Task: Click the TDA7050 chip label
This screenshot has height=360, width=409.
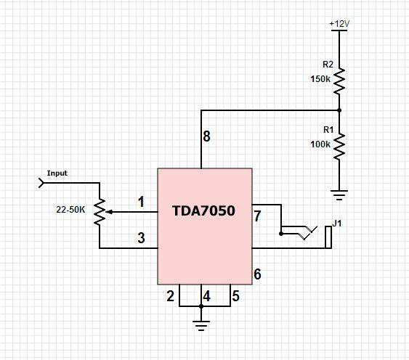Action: click(203, 210)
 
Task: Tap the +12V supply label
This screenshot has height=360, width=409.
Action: click(339, 24)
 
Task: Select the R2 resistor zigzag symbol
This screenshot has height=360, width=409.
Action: click(339, 81)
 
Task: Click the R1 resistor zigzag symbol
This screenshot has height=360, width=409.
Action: click(339, 147)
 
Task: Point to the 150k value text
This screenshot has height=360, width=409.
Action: click(320, 79)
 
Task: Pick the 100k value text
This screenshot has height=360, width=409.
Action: click(320, 144)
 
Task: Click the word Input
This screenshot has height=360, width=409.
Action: click(57, 173)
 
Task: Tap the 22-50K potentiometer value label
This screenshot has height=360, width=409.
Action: click(70, 210)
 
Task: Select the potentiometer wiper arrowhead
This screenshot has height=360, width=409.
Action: click(110, 212)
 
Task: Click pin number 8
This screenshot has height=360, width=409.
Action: click(206, 136)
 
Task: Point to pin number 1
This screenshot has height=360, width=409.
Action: click(141, 202)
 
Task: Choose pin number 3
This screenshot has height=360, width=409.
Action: click(141, 238)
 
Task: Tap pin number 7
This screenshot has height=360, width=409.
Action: click(257, 216)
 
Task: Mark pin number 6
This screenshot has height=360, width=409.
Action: click(257, 274)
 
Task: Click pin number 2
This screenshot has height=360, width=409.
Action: click(170, 296)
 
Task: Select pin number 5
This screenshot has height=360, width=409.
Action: click(235, 296)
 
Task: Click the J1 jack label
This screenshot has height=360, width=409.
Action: click(337, 223)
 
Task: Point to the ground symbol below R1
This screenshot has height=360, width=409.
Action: click(339, 195)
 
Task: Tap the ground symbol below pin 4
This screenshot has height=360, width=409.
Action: click(201, 326)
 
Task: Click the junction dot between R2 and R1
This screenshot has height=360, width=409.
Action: click(339, 110)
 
